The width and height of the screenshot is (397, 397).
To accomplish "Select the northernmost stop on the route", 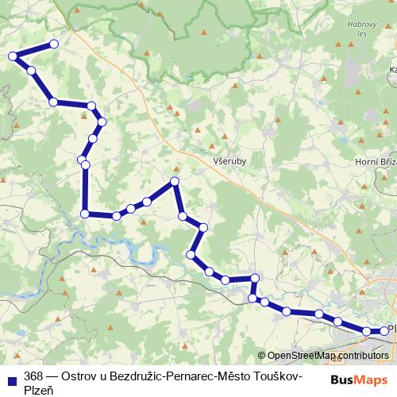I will pyautogui.click(x=54, y=44).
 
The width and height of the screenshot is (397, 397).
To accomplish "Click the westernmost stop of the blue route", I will pyautogui.click(x=13, y=56).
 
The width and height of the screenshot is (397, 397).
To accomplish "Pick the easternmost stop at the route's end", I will pyautogui.click(x=384, y=330).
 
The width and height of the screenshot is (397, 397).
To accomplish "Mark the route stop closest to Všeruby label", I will pyautogui.click(x=175, y=182).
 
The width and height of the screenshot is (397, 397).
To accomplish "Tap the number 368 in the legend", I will pyautogui.click(x=33, y=376).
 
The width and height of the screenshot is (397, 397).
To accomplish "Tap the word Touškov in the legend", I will pyautogui.click(x=276, y=376).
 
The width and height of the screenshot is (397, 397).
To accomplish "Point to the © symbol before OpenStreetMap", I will pyautogui.click(x=262, y=356).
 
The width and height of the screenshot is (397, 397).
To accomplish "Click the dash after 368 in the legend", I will pyautogui.click(x=51, y=376).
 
